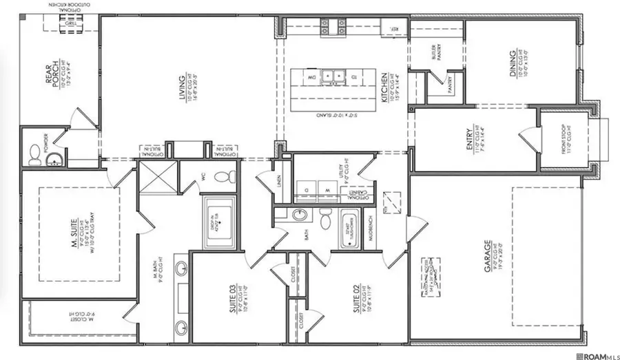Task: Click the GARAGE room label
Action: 487,255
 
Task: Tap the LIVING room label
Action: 183,89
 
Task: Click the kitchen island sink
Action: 332,76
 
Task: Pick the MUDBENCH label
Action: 369,229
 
